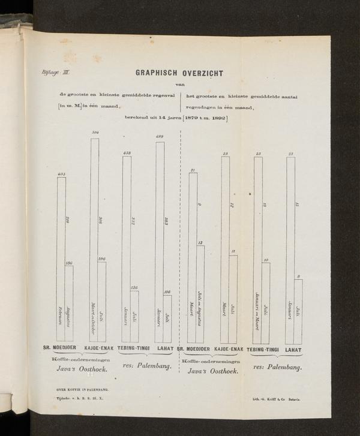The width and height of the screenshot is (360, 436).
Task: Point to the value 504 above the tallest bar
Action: point(95,132)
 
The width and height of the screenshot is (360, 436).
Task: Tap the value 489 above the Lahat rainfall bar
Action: point(160,137)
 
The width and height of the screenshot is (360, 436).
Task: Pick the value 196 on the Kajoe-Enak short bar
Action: point(101,258)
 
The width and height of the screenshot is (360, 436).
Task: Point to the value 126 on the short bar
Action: point(134,287)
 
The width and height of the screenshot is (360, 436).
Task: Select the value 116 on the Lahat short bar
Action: point(167,292)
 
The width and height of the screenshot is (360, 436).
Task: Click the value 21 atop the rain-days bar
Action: point(193,170)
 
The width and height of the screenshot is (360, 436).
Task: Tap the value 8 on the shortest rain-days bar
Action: point(298,276)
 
